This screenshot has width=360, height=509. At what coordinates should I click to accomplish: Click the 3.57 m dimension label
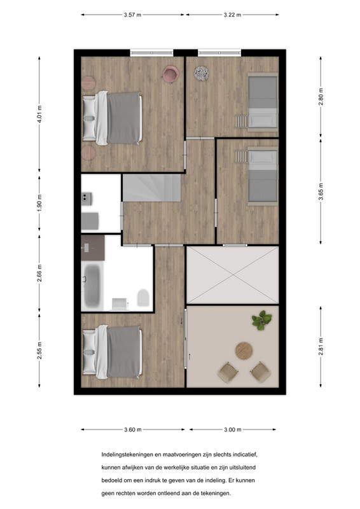[x=132, y=15]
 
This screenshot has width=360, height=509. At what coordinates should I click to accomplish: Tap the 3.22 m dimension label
[x=232, y=15]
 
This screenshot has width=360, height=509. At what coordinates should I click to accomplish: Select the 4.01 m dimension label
[x=39, y=115]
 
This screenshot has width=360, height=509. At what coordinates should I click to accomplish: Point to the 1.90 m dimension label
[x=39, y=203]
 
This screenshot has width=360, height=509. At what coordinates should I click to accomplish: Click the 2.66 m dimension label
[x=39, y=274]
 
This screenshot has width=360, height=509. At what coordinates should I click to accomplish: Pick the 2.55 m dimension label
[x=39, y=351]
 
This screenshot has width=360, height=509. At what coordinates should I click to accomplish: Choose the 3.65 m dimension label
[x=321, y=192]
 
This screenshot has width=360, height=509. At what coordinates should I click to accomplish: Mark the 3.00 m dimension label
[x=233, y=429]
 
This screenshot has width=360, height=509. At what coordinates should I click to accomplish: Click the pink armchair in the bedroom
[x=170, y=74]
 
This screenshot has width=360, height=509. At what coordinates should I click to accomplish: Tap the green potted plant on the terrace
[x=261, y=320]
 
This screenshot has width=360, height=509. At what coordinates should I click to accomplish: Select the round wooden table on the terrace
[x=244, y=351]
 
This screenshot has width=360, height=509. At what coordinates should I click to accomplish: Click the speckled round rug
[x=202, y=73]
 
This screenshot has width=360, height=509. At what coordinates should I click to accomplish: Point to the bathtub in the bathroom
[x=92, y=286]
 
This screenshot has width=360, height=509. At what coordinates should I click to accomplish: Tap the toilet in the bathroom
[x=143, y=298]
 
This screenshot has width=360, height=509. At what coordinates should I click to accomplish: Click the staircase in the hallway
[x=151, y=188]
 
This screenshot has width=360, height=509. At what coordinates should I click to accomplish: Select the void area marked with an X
[x=233, y=275]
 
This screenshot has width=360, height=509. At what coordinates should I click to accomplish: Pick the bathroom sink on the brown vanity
[x=87, y=248]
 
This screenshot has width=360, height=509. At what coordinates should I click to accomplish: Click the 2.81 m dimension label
[x=321, y=347]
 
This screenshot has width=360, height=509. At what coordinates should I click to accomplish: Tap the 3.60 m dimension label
[x=133, y=429]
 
